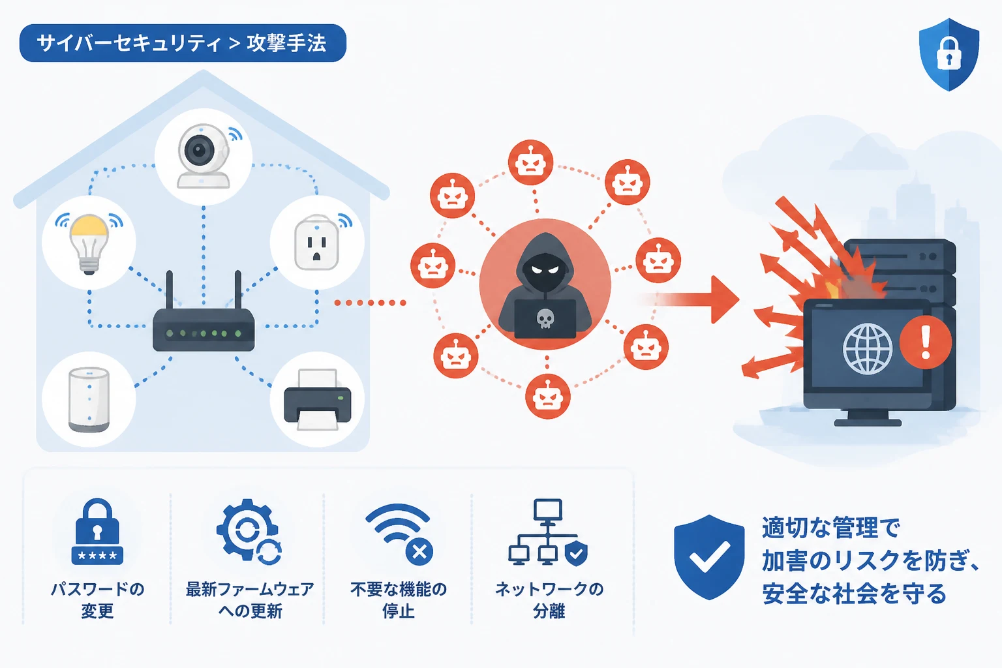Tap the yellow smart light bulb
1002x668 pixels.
point(89,243)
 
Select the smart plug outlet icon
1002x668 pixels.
point(316,243)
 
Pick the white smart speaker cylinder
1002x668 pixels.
point(89,399)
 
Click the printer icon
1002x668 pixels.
point(318,399)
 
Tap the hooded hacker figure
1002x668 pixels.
point(545,286)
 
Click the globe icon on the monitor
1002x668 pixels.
point(868,348)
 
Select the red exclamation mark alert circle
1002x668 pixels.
point(926,342)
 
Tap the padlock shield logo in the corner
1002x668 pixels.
point(949,55)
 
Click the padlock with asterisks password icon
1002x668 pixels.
point(97,532)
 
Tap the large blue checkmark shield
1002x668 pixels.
point(709,557)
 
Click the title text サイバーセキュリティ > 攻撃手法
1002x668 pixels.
point(181,44)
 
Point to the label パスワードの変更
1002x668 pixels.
point(97,600)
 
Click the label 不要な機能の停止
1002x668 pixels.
point(399,600)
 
